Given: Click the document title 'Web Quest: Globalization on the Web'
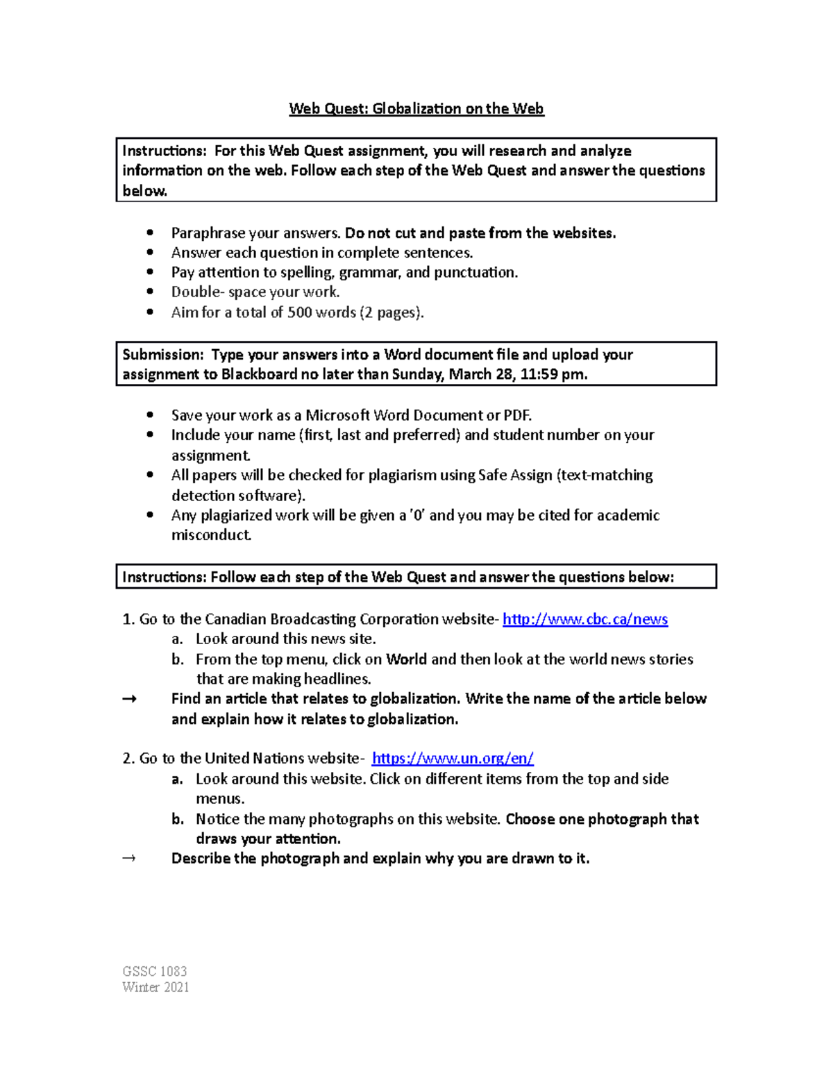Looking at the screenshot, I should pyautogui.click(x=416, y=109).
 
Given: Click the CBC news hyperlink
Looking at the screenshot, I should pyautogui.click(x=584, y=619).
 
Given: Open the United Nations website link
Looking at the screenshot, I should pyautogui.click(x=453, y=759).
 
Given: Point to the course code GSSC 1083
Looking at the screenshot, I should pyautogui.click(x=154, y=971).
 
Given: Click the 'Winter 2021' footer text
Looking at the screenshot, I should pyautogui.click(x=155, y=987).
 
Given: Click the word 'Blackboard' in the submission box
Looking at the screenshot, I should pyautogui.click(x=258, y=375).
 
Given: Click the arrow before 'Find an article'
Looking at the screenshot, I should pyautogui.click(x=129, y=699).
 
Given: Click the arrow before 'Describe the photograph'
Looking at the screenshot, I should pyautogui.click(x=129, y=859).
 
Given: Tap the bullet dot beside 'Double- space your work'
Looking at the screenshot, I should pyautogui.click(x=150, y=292).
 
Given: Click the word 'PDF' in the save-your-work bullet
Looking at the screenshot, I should pyautogui.click(x=516, y=416).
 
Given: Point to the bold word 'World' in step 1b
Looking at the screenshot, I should pyautogui.click(x=406, y=659).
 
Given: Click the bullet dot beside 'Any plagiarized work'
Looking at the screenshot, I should pyautogui.click(x=150, y=515).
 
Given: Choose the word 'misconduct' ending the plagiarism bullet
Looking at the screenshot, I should pyautogui.click(x=210, y=535).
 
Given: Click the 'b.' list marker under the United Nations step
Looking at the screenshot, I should pyautogui.click(x=178, y=819).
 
